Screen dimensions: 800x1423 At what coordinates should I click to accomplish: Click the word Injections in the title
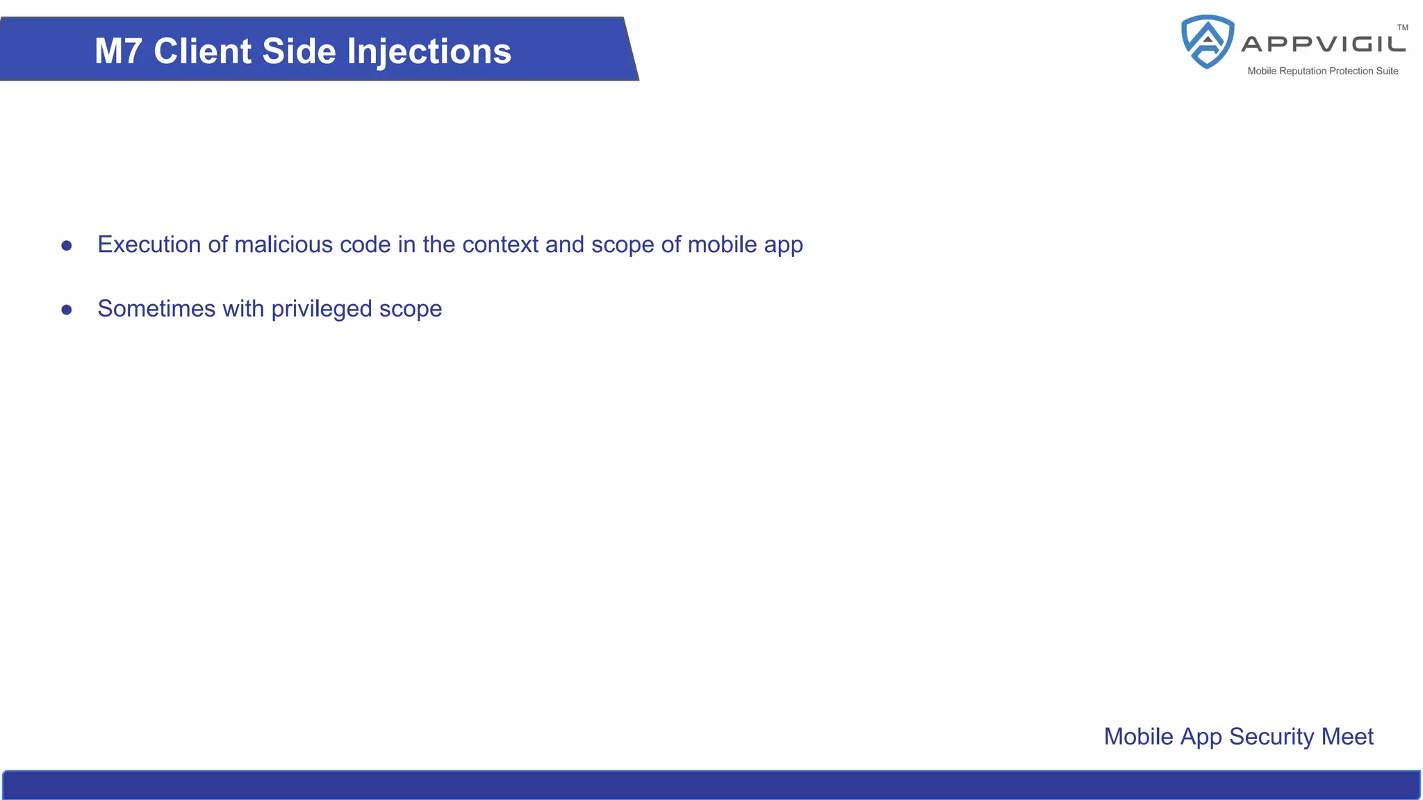click(429, 51)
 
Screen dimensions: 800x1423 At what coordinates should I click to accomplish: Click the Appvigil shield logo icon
click(1208, 42)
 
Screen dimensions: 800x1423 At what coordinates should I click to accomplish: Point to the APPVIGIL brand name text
click(1323, 44)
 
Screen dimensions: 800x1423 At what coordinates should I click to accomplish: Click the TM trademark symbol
click(1402, 28)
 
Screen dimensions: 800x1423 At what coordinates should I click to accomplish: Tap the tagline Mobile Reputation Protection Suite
click(1322, 71)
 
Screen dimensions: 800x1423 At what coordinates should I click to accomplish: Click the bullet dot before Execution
click(67, 245)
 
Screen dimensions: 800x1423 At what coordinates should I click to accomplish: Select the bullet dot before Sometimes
click(67, 309)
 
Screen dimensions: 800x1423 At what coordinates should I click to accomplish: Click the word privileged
click(322, 309)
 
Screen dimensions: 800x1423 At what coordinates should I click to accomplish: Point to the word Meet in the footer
click(1347, 736)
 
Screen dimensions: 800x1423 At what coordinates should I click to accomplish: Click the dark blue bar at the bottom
click(711, 785)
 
